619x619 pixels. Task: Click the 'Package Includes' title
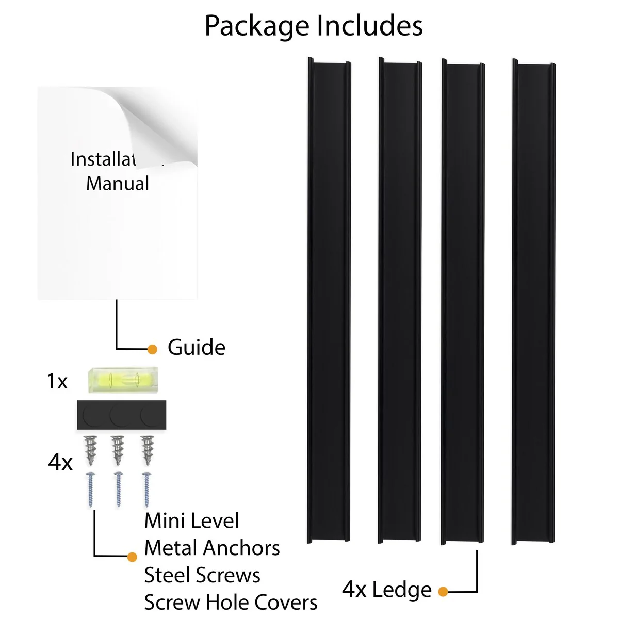(x=314, y=26)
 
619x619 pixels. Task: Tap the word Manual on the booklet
(x=118, y=184)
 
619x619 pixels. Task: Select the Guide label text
(x=197, y=348)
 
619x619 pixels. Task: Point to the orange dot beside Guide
(x=152, y=349)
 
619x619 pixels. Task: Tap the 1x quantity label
(x=57, y=382)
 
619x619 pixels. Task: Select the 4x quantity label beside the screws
(x=60, y=463)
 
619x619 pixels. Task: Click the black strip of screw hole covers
(x=122, y=413)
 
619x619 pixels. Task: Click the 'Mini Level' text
(x=191, y=521)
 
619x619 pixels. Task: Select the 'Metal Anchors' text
(x=212, y=548)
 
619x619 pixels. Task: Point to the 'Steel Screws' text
(x=202, y=575)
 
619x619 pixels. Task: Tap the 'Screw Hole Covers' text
(x=231, y=602)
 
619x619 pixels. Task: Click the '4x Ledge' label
(x=387, y=590)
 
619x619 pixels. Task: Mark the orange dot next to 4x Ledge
(x=443, y=591)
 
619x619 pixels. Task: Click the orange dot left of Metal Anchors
(x=133, y=557)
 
